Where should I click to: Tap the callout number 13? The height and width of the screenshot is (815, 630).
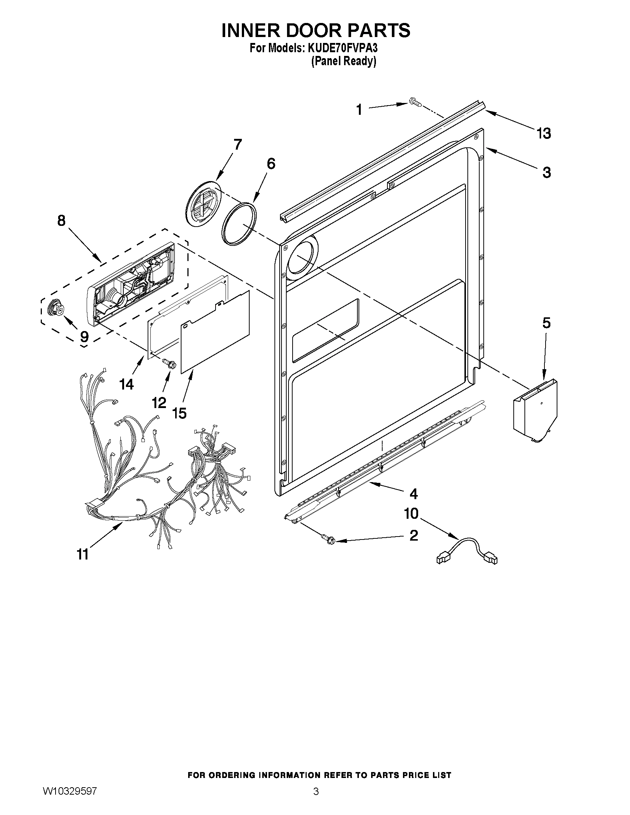[x=544, y=133]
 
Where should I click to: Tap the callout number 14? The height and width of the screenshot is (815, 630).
[x=127, y=384]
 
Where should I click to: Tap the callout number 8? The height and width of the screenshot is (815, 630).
[x=61, y=221]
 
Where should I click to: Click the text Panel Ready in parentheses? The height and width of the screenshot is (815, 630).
[x=343, y=61]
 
